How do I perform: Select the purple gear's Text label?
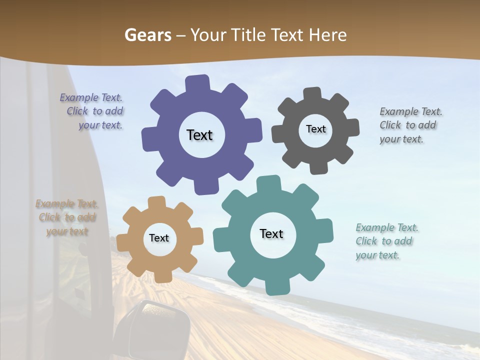point(199,135)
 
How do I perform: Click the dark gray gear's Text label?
point(315,129)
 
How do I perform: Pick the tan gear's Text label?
point(159,238)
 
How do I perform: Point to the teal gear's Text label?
point(271,234)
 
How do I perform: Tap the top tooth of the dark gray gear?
point(312,94)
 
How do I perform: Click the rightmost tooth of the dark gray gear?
point(352,128)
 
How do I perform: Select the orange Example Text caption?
point(67,217)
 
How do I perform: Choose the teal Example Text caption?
point(386,241)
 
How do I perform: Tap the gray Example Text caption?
point(410,125)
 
